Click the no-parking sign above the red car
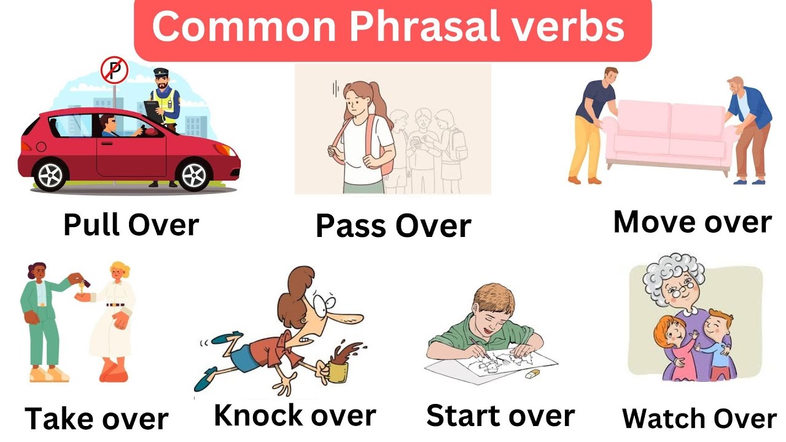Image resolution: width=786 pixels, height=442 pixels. coord(114,71)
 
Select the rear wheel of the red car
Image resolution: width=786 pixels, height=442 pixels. coord(50,174)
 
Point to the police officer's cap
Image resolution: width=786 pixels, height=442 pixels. coord(160,72)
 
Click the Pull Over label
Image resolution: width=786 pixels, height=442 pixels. coord(131,225)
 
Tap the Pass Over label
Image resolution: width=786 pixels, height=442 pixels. coord(393,226)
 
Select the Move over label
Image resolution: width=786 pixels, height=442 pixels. coord(692,222)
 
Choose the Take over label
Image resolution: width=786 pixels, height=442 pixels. coord(96,419)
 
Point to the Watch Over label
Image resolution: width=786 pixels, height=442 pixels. coord(699,419)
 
